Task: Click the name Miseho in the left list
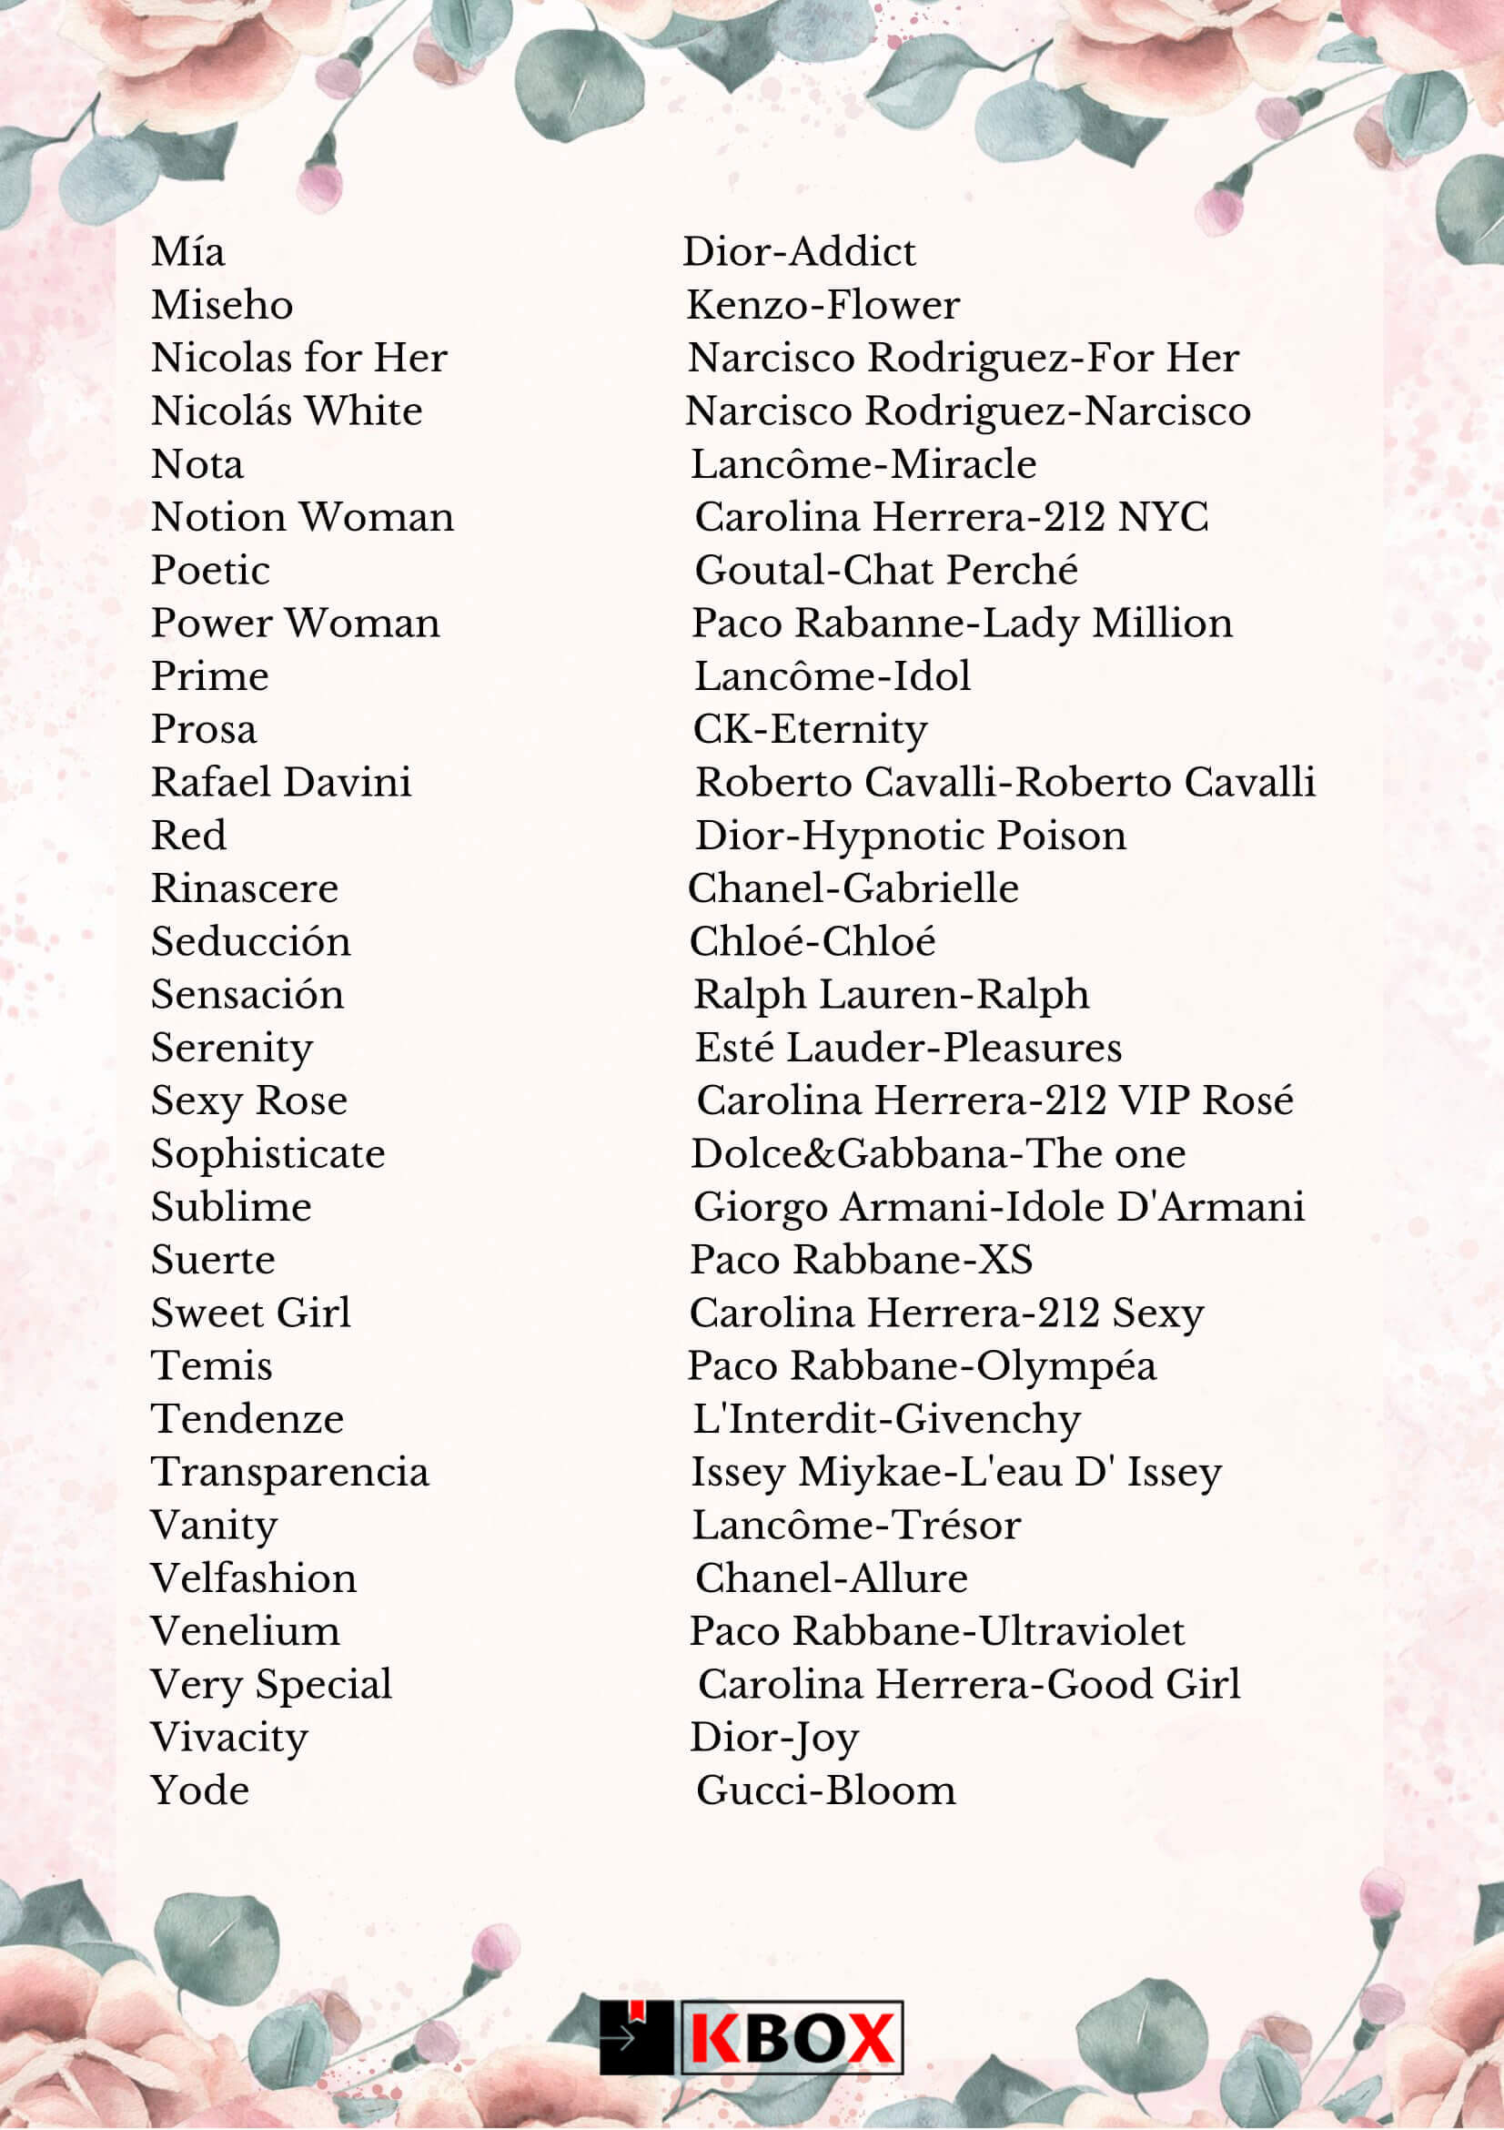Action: (x=223, y=305)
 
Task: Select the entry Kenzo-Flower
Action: (x=823, y=305)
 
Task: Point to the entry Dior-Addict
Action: (x=798, y=252)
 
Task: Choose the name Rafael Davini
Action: (x=281, y=782)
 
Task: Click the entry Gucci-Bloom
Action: (x=825, y=1790)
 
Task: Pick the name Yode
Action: (x=200, y=1790)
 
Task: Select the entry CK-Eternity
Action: (x=810, y=729)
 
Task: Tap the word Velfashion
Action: (x=254, y=1578)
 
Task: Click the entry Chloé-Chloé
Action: (x=813, y=941)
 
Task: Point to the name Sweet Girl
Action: (x=251, y=1313)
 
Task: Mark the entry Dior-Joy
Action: (x=774, y=1738)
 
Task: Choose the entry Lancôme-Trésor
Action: (x=856, y=1526)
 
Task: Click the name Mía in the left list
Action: (x=188, y=252)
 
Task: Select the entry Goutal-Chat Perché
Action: (x=885, y=570)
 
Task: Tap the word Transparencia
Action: (x=290, y=1472)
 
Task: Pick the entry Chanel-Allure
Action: (x=831, y=1578)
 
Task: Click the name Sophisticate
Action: (x=268, y=1154)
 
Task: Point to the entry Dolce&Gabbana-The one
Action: (x=937, y=1154)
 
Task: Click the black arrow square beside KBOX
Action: (x=635, y=2037)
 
